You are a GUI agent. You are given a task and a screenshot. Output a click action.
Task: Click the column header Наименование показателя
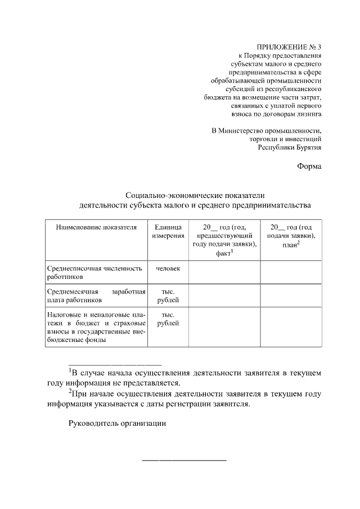[96, 227]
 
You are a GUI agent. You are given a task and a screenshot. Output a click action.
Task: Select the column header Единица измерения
[168, 231]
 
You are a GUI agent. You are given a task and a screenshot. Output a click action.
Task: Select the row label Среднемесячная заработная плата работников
[96, 296]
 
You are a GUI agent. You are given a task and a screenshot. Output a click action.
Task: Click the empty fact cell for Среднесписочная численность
[224, 273]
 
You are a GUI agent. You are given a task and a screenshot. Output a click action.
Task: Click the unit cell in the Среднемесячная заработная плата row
[168, 296]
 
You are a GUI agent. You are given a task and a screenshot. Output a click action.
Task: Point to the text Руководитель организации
[118, 424]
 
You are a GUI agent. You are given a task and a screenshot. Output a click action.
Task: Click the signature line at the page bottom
[184, 461]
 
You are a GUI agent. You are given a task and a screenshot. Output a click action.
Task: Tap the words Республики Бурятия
[289, 147]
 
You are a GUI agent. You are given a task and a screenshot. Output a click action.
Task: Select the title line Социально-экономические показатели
[194, 195]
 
